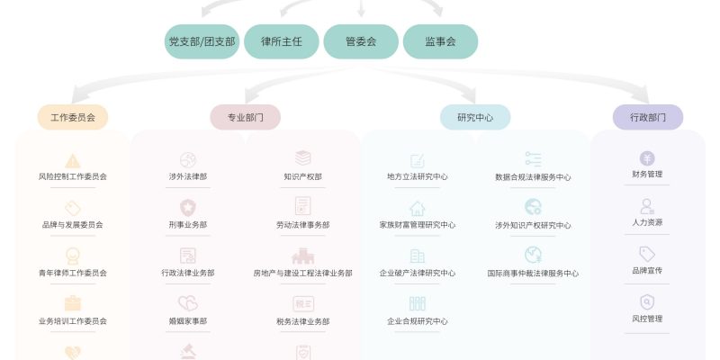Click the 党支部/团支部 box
(x=202, y=41)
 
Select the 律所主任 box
(x=282, y=41)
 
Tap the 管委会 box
(x=361, y=41)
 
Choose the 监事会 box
(x=440, y=41)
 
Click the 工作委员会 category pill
(x=73, y=117)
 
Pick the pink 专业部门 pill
(x=245, y=117)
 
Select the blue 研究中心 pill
(x=475, y=117)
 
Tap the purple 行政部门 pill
(x=648, y=117)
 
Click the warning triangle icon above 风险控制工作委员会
(x=73, y=159)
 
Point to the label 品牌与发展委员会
(x=73, y=225)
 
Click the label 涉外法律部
(x=188, y=176)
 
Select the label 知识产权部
(x=302, y=176)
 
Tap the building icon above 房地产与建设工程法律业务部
(x=302, y=256)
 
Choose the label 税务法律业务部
(x=302, y=321)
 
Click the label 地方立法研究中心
(x=418, y=176)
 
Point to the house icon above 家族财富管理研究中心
(x=418, y=208)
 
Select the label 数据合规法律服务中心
(x=533, y=176)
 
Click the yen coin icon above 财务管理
(x=647, y=157)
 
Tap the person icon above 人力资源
(x=647, y=206)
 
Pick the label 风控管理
(x=647, y=319)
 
